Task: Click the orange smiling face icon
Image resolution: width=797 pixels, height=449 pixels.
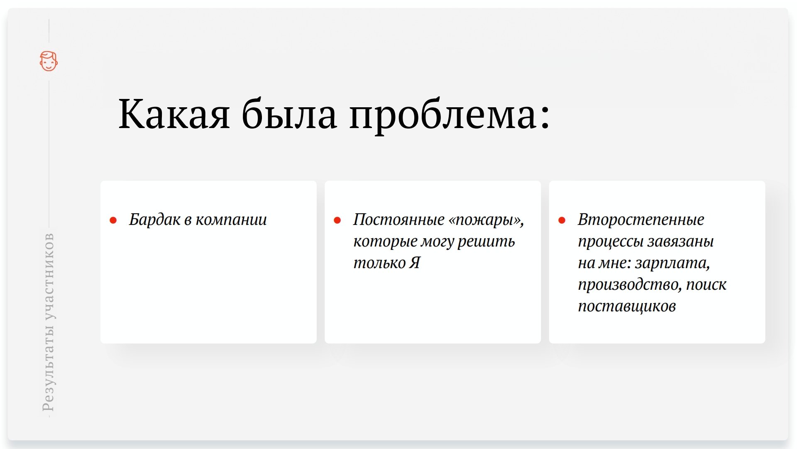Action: click(49, 61)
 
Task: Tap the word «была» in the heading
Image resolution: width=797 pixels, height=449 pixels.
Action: click(289, 113)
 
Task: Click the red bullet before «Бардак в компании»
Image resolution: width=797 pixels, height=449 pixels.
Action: click(113, 220)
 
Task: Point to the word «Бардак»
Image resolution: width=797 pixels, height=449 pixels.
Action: click(155, 219)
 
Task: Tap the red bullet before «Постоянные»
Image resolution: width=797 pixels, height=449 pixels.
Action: click(337, 220)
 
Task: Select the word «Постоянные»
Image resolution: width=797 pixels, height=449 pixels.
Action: click(399, 220)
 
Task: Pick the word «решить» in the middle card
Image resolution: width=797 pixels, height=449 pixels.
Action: click(486, 242)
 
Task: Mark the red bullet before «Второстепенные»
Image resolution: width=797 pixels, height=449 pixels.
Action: click(562, 220)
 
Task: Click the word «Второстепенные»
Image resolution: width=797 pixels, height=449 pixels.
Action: click(641, 220)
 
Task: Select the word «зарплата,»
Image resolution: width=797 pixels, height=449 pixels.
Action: click(672, 263)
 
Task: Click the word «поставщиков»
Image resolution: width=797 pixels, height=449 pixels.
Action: click(627, 306)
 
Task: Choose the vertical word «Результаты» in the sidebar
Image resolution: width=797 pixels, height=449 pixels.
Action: click(48, 366)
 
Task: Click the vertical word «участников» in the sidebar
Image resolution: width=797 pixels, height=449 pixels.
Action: click(48, 276)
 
